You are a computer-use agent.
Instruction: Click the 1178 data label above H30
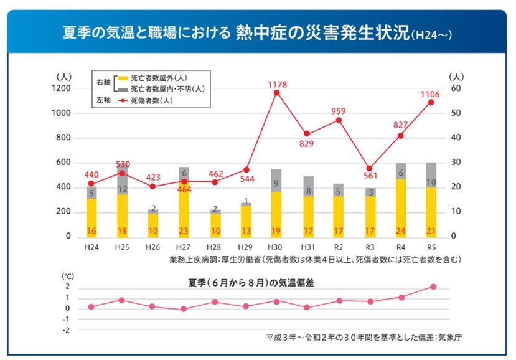277,84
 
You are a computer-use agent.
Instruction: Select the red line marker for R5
430,102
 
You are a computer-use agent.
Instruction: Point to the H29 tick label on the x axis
246,247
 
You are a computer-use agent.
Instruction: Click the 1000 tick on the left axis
62,113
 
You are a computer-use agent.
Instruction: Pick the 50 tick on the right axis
456,113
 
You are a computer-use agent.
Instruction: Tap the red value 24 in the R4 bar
400,231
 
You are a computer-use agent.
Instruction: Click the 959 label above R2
339,111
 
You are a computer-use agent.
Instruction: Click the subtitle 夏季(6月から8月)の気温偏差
251,283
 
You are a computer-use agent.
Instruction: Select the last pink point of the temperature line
433,287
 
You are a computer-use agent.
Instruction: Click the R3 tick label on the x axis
369,247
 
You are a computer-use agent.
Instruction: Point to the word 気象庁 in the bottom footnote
449,338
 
